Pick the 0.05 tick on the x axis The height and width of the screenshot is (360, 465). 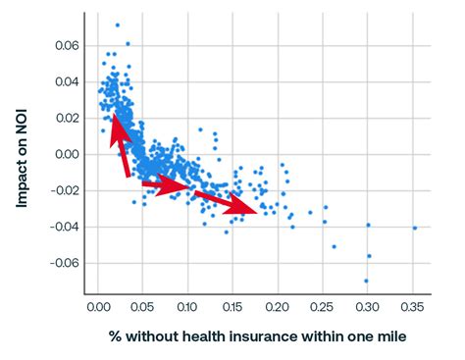142,307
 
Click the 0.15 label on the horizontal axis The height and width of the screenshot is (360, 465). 232,307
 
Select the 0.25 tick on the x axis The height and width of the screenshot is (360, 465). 323,307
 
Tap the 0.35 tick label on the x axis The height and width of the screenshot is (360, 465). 413,307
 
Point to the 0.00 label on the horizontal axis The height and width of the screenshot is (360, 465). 98,307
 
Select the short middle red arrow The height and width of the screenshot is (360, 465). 165,184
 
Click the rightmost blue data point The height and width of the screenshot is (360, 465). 415,228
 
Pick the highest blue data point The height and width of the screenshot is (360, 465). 117,25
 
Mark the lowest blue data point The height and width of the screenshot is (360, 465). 366,281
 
